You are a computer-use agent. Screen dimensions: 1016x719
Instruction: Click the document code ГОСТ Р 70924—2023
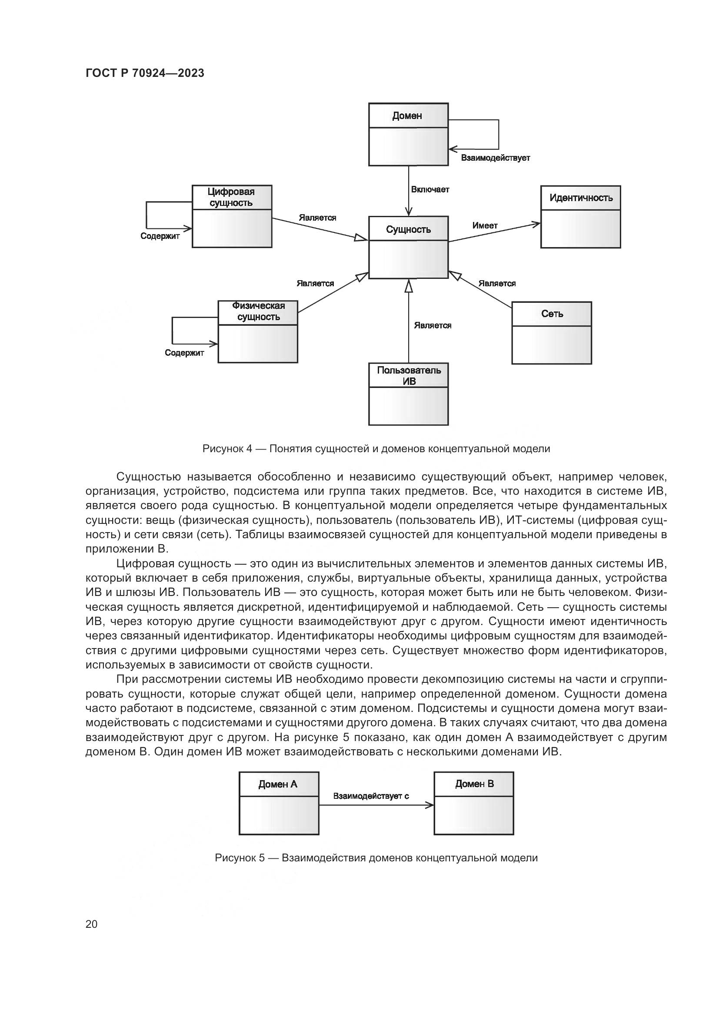145,73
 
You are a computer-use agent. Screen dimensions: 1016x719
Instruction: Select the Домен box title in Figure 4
407,116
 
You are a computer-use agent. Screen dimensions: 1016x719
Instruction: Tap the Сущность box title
408,229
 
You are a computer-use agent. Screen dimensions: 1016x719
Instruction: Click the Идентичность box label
581,198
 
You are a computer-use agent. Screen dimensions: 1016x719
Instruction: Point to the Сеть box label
552,314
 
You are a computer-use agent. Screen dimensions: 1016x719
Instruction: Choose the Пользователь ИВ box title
409,376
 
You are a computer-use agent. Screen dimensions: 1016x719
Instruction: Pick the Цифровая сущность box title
231,197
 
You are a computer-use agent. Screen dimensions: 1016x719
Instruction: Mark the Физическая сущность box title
259,311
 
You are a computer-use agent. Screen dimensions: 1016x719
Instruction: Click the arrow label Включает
430,190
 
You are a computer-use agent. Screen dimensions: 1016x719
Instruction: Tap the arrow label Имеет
485,226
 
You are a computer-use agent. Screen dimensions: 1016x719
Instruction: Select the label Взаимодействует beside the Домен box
495,158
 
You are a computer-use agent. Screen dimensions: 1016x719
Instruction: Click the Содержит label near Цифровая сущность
160,236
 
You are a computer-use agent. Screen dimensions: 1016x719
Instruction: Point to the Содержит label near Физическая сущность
184,353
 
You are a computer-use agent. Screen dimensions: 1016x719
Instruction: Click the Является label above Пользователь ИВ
433,326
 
